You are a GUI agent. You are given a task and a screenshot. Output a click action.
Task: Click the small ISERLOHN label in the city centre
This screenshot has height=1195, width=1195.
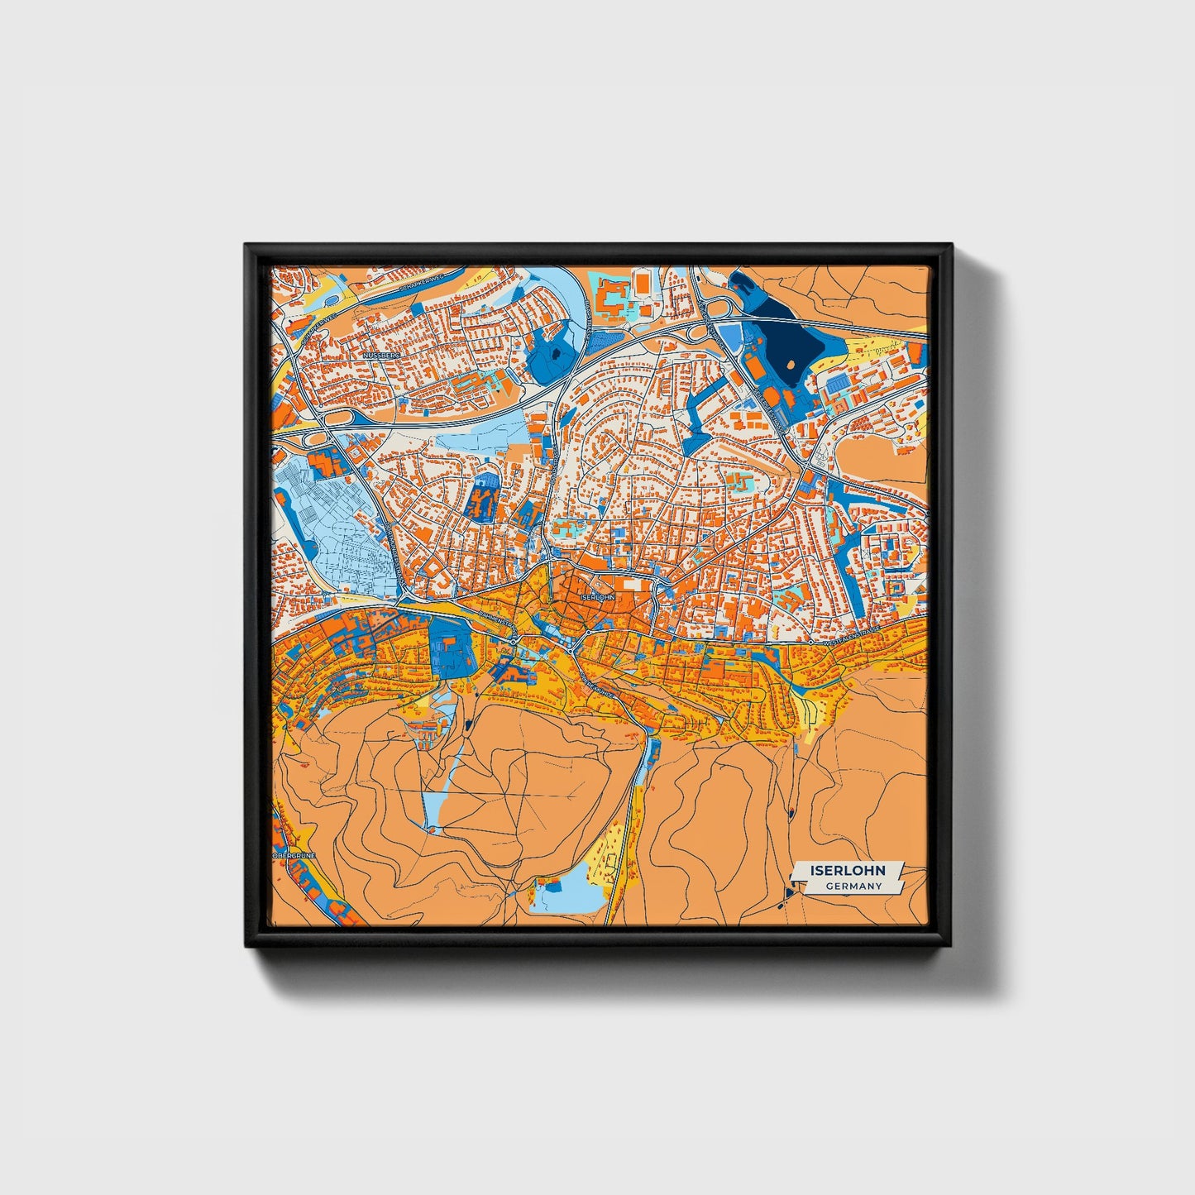click(x=598, y=596)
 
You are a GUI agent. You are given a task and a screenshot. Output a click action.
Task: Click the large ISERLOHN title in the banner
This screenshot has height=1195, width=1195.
click(x=848, y=870)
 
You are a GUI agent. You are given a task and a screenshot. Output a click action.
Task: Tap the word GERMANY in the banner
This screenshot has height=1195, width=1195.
click(x=853, y=887)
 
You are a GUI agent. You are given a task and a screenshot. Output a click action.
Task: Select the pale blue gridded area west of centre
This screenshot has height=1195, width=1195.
click(x=331, y=529)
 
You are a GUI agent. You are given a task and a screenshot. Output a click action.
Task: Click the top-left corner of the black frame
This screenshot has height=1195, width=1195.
click(x=246, y=245)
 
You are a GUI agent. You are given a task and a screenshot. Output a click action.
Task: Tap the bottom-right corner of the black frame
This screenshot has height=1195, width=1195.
click(x=952, y=946)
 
